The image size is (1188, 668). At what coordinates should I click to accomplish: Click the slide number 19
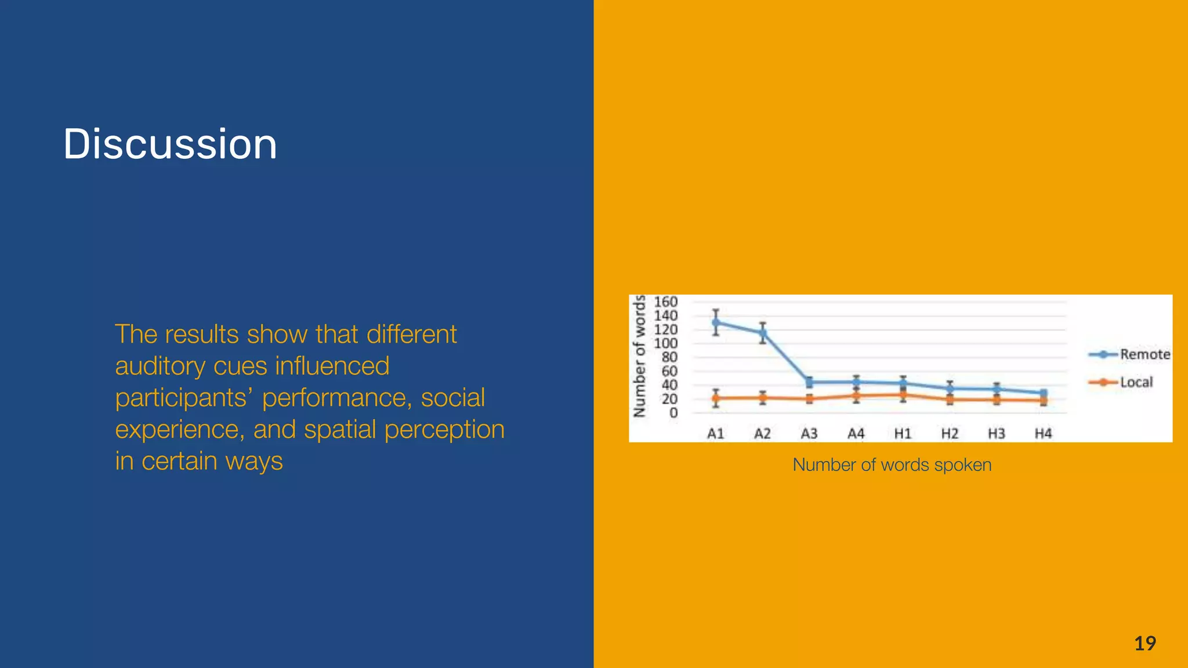click(1144, 643)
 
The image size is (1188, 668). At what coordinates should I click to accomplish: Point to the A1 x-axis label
click(715, 433)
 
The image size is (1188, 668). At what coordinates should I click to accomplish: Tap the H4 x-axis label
click(1043, 433)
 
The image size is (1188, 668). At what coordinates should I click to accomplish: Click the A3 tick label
click(809, 433)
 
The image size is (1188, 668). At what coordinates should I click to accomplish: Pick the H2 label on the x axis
click(950, 433)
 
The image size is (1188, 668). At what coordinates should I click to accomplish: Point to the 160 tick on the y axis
click(665, 302)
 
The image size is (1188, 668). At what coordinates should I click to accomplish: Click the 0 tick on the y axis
click(673, 413)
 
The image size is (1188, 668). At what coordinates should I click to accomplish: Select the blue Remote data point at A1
click(716, 322)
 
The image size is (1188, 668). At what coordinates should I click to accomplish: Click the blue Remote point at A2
click(763, 333)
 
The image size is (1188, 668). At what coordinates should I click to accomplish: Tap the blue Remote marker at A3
click(809, 382)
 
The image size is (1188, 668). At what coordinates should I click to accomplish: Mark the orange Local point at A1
click(716, 398)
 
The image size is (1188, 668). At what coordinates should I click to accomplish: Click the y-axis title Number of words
click(639, 356)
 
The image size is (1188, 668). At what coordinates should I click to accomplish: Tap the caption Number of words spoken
click(892, 464)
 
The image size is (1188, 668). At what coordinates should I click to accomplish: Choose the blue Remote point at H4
click(1043, 393)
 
